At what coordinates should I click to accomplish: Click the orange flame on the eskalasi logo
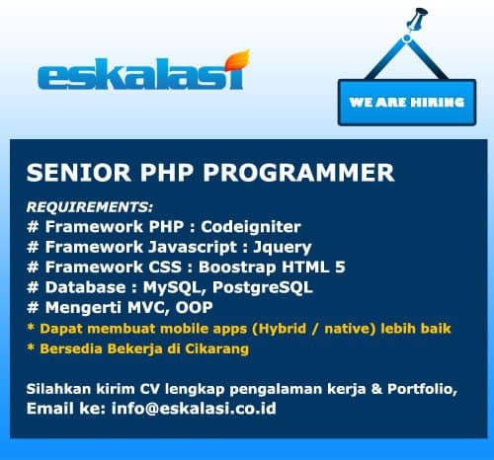click(237, 62)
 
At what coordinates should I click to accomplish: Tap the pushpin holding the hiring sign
click(416, 19)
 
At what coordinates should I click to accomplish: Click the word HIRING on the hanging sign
click(438, 103)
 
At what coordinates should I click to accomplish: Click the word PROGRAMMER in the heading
click(298, 173)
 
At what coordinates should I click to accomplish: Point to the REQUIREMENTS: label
click(90, 207)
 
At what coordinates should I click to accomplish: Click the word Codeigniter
click(251, 227)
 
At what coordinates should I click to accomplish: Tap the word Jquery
click(283, 248)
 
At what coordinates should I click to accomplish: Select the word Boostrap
click(237, 268)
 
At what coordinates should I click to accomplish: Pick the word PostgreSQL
click(263, 287)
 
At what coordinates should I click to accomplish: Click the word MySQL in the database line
click(175, 288)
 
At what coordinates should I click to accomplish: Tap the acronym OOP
click(194, 308)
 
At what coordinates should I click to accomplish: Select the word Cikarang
click(216, 349)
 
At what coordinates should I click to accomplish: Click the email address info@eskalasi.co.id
click(194, 409)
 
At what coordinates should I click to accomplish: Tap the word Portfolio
click(422, 389)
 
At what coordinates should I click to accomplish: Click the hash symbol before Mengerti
click(33, 308)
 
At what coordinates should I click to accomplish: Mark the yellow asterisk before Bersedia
click(31, 347)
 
